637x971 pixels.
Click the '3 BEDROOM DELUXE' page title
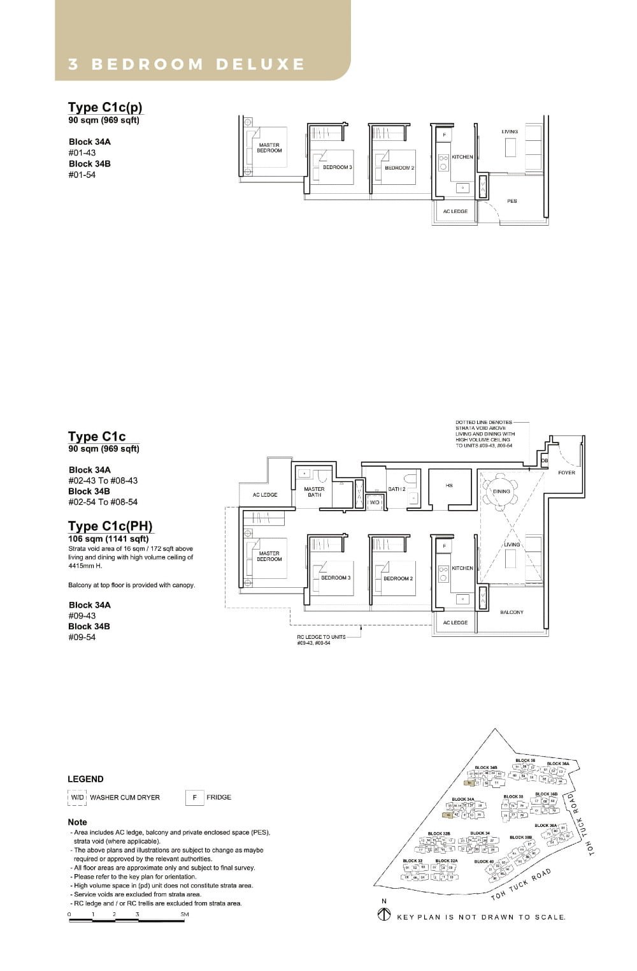coord(187,64)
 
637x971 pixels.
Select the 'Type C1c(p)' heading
coord(104,107)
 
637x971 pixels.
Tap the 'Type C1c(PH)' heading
coord(110,526)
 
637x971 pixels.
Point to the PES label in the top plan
coord(512,201)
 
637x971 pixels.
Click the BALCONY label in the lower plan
coord(512,612)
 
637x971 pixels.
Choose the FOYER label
coord(566,472)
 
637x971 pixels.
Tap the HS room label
coord(449,486)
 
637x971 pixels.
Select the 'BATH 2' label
coord(396,489)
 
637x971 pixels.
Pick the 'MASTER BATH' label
coord(314,492)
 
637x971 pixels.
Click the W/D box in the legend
coord(77,797)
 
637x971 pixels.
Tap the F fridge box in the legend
coord(194,797)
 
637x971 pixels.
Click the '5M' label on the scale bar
coord(184,914)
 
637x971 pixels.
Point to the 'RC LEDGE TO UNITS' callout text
coord(321,637)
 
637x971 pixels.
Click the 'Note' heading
coord(77,822)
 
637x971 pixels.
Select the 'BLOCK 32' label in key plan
coord(412,861)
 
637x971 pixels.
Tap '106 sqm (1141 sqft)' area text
coord(108,539)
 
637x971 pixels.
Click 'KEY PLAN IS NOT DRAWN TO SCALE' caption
coord(481,917)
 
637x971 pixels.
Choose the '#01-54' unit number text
coord(82,175)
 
